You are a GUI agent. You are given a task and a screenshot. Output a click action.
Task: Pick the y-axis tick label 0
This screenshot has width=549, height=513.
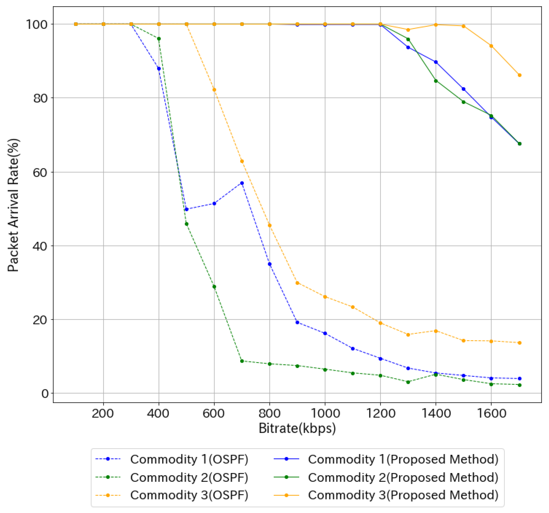tap(45, 394)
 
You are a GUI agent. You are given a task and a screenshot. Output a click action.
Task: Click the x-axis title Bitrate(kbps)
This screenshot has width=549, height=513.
tap(297, 428)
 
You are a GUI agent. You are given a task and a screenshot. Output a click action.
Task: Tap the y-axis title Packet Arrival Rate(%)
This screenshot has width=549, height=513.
tap(13, 205)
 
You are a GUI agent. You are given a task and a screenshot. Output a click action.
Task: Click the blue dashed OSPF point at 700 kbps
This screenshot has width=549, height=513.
tap(242, 183)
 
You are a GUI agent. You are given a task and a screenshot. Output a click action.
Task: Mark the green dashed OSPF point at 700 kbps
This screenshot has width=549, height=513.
tap(242, 361)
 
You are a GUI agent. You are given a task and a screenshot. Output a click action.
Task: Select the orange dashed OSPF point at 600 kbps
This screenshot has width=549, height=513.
tap(214, 90)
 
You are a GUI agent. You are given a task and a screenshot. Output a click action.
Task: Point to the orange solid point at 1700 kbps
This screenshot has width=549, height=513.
tap(519, 75)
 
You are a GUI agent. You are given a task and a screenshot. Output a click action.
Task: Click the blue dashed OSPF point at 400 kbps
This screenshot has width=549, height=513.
tap(159, 69)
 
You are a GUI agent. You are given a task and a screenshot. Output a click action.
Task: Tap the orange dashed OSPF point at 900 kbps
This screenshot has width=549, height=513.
tap(297, 283)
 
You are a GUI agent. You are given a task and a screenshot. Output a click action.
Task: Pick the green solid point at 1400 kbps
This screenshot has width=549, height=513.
tap(436, 81)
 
